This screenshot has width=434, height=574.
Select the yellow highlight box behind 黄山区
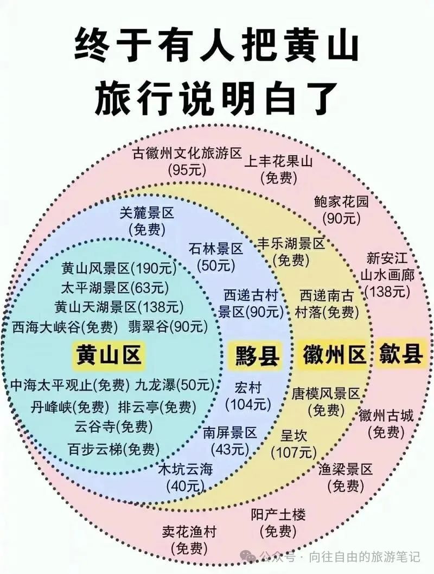pyautogui.click(x=108, y=355)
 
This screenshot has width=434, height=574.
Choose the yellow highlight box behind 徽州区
pyautogui.click(x=334, y=355)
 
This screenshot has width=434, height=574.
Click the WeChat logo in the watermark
pyautogui.click(x=250, y=557)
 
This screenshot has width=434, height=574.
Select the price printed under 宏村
pyautogui.click(x=248, y=405)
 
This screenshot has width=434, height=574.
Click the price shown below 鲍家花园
pyautogui.click(x=341, y=218)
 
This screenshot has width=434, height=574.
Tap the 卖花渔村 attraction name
pyautogui.click(x=189, y=532)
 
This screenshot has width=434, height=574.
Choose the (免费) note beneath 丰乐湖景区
pyautogui.click(x=291, y=260)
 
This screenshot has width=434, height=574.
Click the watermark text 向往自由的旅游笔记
pyautogui.click(x=365, y=557)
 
